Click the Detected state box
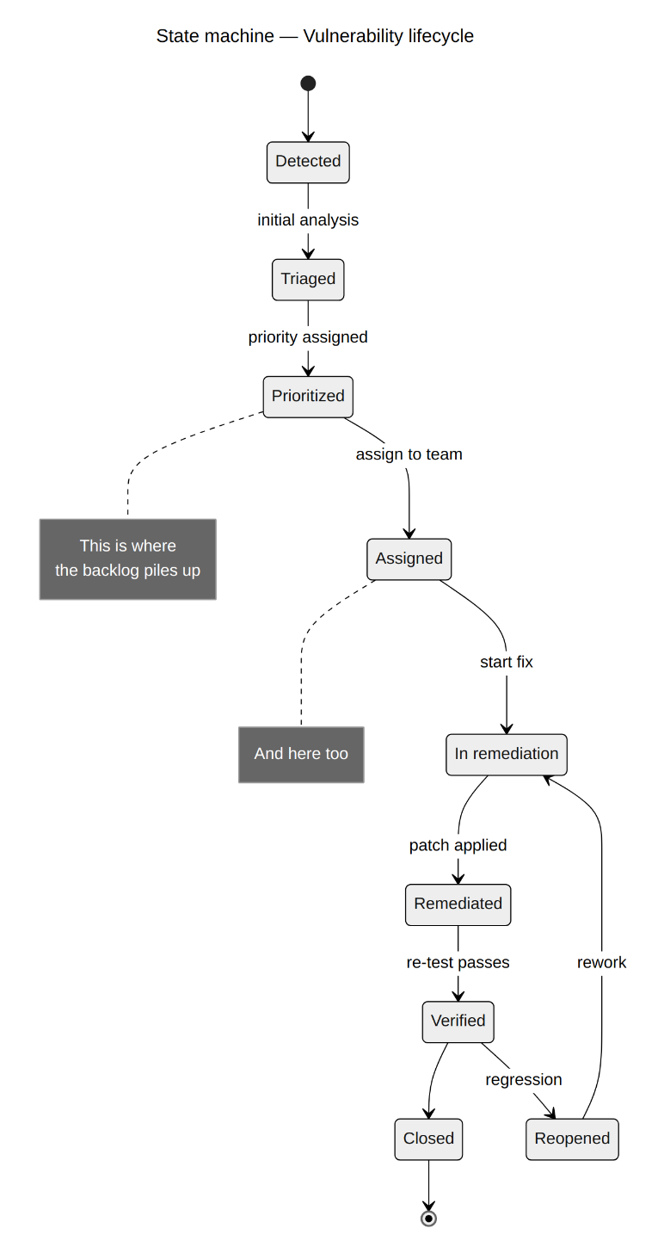308,162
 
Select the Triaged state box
308,280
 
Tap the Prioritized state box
308,398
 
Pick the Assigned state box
409,559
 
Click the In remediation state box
507,755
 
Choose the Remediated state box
458,905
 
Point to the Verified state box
458,1022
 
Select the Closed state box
428,1139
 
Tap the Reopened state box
572,1139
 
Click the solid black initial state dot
308,83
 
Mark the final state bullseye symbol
428,1219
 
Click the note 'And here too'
301,755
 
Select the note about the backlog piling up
128,559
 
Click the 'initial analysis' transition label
308,219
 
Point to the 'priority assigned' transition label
308,337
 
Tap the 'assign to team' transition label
409,454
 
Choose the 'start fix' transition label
507,662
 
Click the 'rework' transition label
601,962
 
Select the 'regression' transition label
524,1079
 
